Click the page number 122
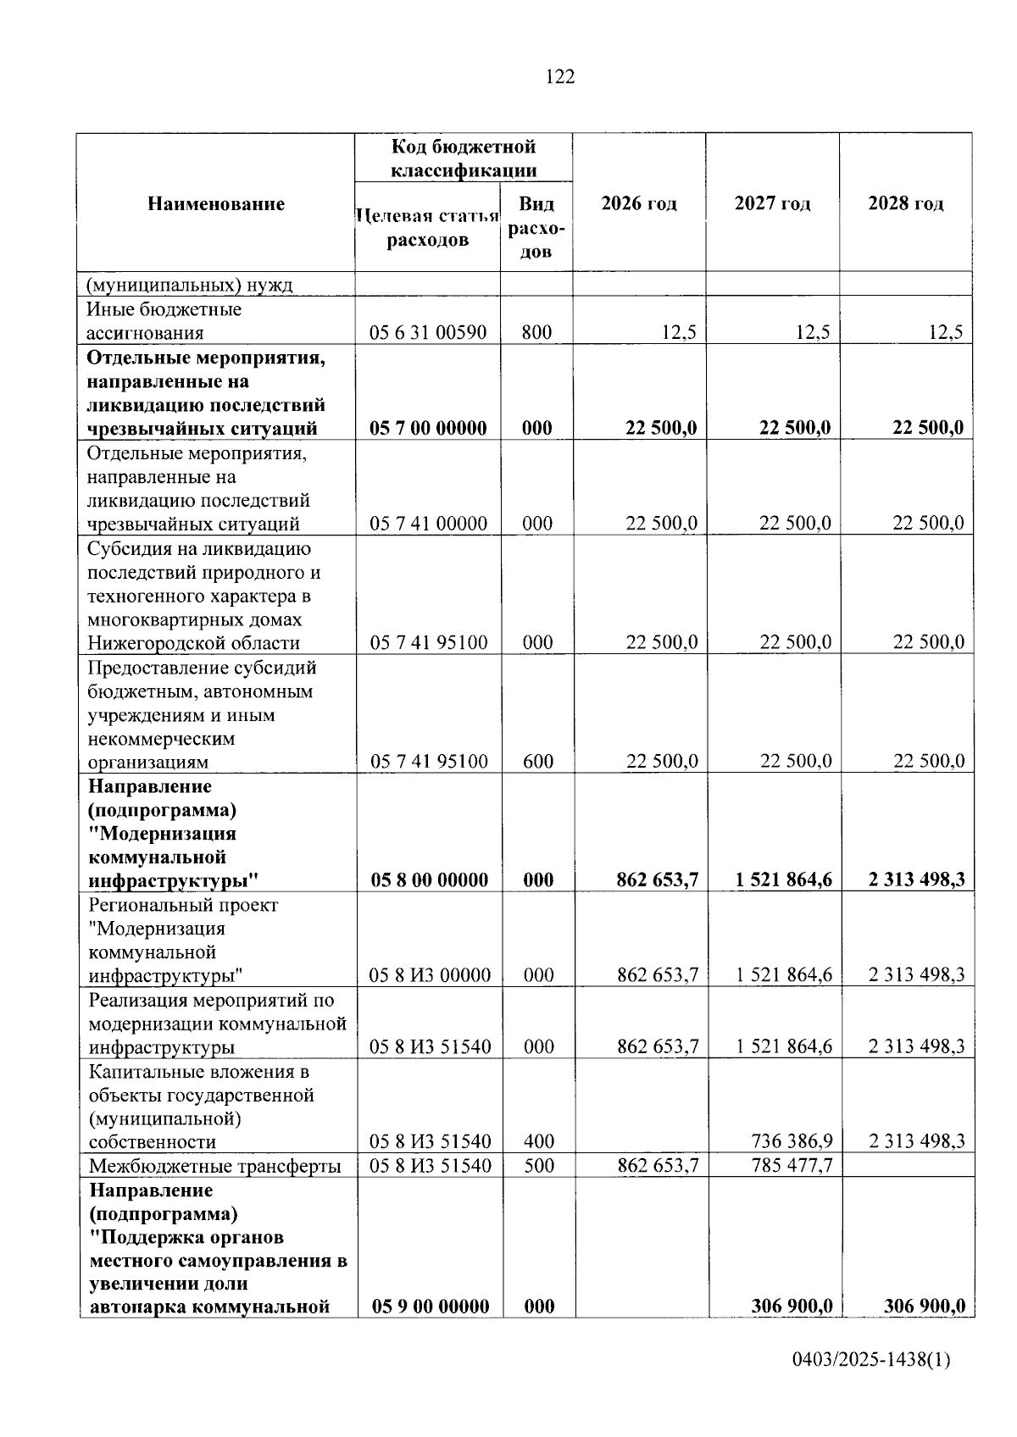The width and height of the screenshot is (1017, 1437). click(x=560, y=77)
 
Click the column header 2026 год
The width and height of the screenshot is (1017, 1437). click(x=639, y=203)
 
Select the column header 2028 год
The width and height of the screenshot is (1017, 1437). click(x=905, y=203)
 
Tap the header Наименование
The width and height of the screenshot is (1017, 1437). click(x=216, y=203)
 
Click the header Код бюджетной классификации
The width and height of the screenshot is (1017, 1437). click(x=463, y=158)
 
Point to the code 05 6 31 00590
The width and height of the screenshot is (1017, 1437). click(x=428, y=332)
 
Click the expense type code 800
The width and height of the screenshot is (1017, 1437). click(x=536, y=332)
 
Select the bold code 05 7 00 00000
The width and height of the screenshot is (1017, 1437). click(x=428, y=428)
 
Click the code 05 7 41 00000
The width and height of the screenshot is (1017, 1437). click(x=428, y=524)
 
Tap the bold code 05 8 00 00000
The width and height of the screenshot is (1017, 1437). click(x=429, y=880)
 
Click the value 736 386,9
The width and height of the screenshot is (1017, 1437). click(x=792, y=1141)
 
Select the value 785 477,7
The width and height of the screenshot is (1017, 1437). click(x=792, y=1166)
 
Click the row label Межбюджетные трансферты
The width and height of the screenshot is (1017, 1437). click(x=215, y=1167)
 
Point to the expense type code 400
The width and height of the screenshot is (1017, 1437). click(x=539, y=1141)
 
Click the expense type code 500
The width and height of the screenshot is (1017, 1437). click(x=539, y=1166)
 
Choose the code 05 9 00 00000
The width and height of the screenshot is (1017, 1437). click(x=430, y=1307)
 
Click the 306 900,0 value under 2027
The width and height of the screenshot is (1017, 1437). click(x=792, y=1307)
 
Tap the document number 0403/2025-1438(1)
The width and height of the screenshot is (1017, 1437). click(x=871, y=1361)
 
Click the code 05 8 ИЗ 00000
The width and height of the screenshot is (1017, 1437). click(x=430, y=975)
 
